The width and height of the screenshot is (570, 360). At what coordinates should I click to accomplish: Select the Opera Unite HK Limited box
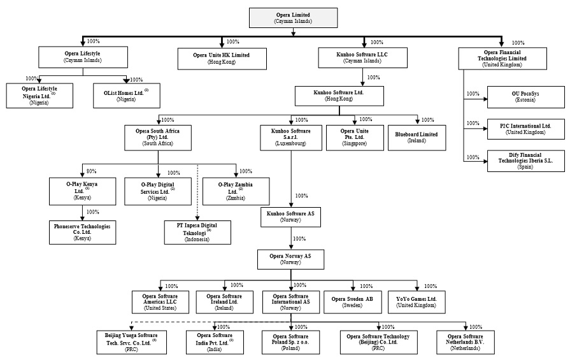(222, 58)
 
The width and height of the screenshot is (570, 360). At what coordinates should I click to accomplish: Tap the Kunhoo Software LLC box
(362, 58)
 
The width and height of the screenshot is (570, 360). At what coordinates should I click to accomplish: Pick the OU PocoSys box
(524, 97)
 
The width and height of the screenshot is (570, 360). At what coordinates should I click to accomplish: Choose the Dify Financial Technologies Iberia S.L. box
(524, 161)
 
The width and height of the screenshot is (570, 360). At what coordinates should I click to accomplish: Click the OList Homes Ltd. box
(126, 96)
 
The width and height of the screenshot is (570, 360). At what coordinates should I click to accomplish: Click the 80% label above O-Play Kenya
(91, 171)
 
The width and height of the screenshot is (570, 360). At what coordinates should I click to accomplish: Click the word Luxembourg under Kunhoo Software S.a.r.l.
(291, 144)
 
